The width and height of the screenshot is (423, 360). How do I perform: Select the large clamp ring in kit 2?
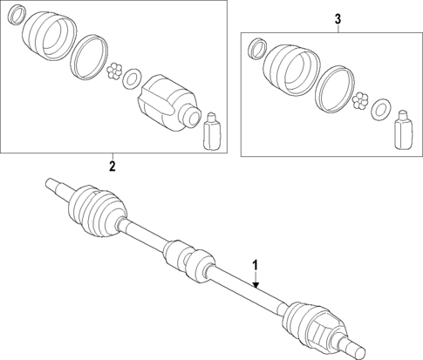pos(87,57)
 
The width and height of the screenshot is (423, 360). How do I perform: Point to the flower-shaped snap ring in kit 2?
pos(113,72)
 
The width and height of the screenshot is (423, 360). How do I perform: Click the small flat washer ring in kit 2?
pos(131,78)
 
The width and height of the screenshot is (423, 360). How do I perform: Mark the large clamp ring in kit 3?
pos(332,89)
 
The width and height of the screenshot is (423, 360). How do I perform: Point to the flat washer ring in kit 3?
pos(380,111)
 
